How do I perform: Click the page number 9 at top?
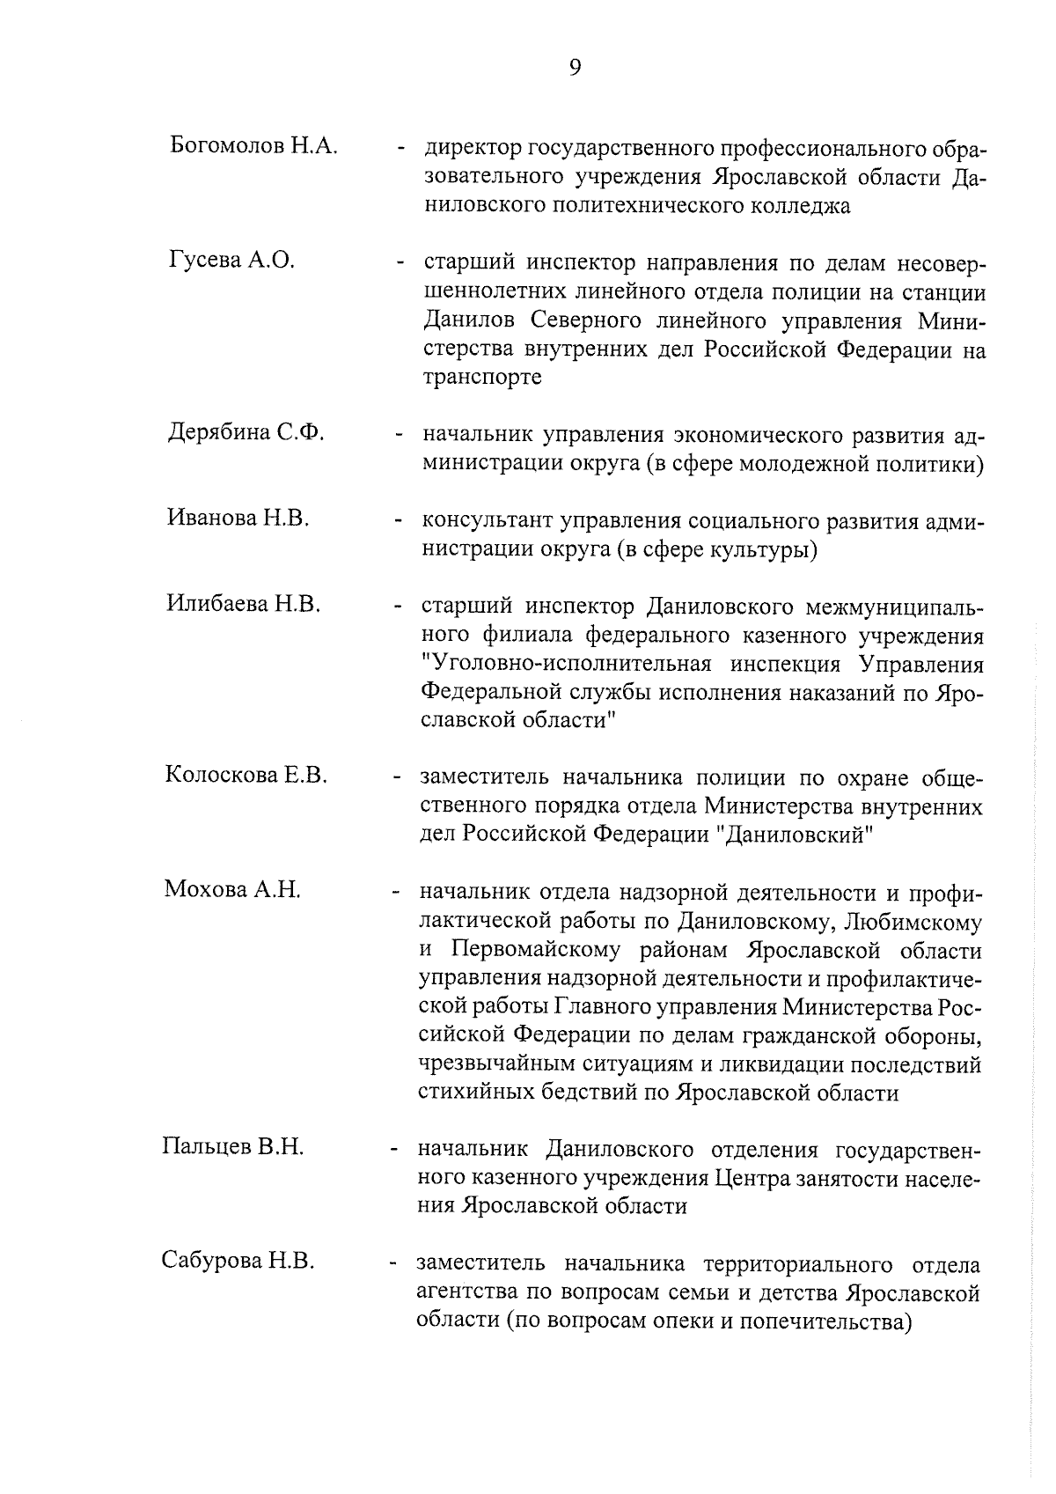pos(574,68)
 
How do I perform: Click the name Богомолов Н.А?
pos(253,146)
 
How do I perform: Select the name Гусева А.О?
pos(231,260)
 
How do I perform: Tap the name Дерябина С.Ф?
pos(246,432)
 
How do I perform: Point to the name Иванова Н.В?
pos(238,519)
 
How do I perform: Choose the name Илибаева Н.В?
pos(243,604)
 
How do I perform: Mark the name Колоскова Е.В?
pos(246,775)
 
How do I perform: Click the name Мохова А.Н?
pos(232,889)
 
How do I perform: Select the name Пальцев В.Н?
pos(233,1147)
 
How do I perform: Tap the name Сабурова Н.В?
pos(238,1261)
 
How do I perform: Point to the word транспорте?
pos(482,379)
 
